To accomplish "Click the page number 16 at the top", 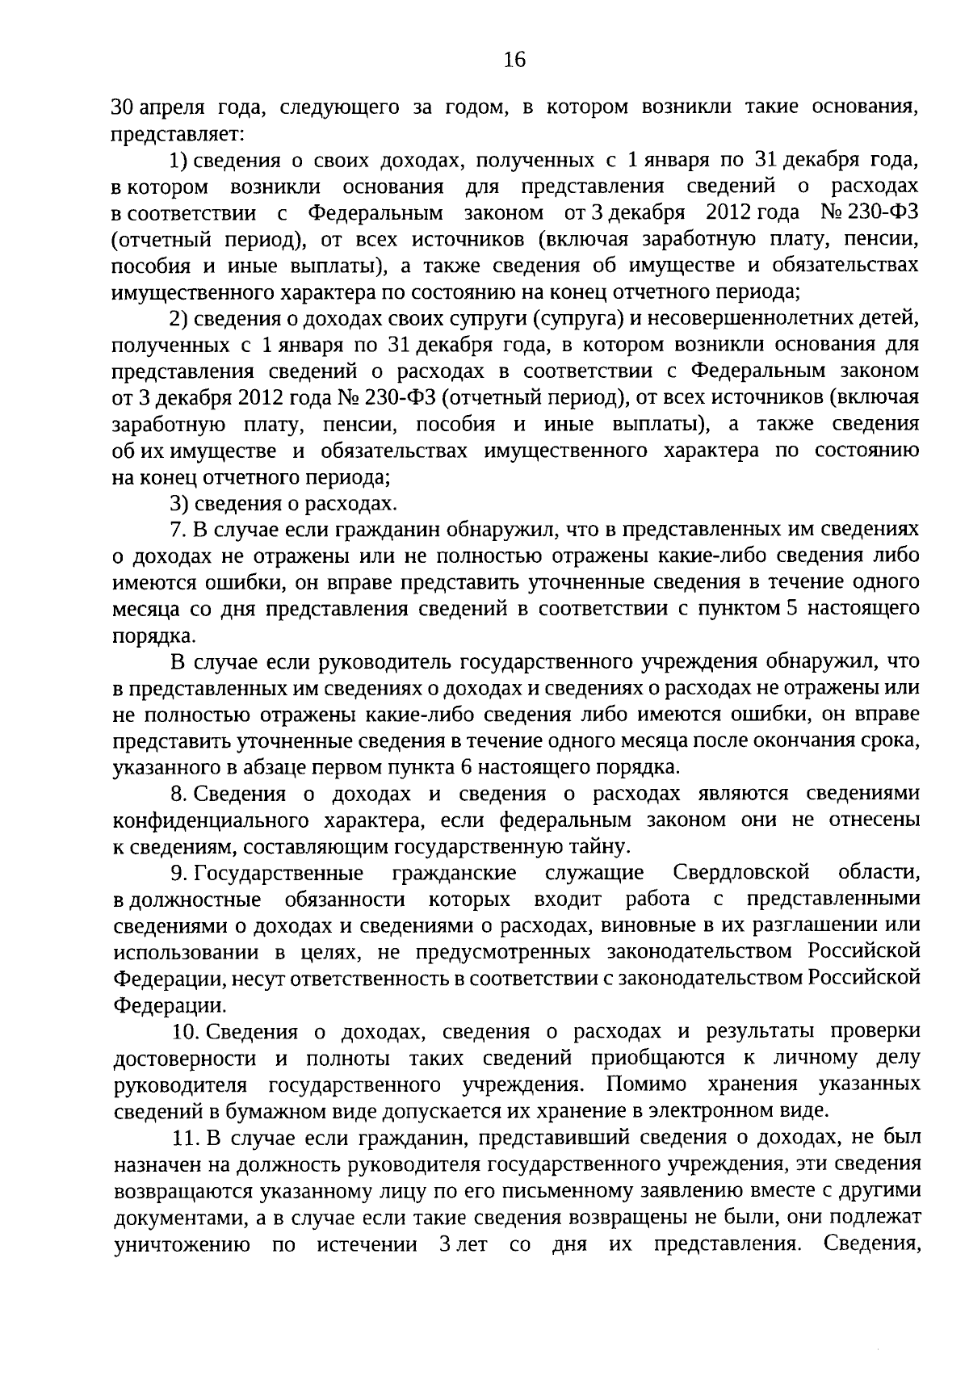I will coord(514,59).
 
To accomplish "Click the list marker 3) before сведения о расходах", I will coord(179,504).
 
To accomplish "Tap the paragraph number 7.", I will coord(178,530).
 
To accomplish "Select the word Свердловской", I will coord(740,874).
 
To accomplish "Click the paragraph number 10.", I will coord(185,1032).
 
